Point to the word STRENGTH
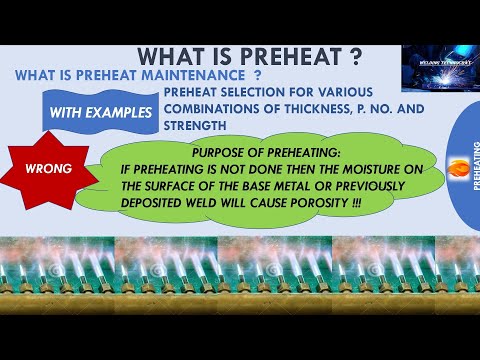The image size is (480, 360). point(198,126)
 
